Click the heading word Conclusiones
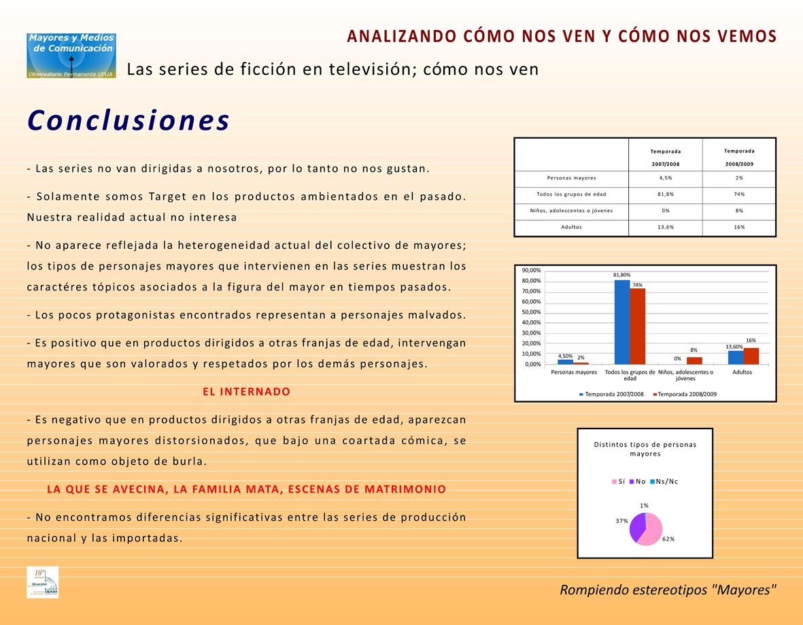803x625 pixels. point(129,121)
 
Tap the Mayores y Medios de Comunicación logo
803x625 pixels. point(71,55)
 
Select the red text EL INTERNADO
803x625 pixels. point(246,392)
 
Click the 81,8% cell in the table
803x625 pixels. point(665,194)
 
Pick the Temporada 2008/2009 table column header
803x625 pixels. point(739,157)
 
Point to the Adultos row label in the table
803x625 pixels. point(571,227)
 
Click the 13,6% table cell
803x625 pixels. point(665,227)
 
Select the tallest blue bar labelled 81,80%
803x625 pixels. point(622,322)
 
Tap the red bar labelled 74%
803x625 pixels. point(638,326)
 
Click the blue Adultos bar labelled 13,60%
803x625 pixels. point(735,357)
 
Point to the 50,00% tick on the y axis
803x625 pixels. point(532,312)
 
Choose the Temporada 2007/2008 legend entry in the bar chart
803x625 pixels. point(611,394)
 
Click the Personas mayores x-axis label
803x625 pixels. point(574,372)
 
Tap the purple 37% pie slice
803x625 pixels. point(636,526)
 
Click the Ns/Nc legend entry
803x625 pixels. point(664,482)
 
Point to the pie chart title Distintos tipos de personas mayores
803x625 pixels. point(645,449)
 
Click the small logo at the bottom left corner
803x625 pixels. point(42,582)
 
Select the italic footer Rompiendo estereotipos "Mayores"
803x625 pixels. point(668,590)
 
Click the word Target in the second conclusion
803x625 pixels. point(173,197)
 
